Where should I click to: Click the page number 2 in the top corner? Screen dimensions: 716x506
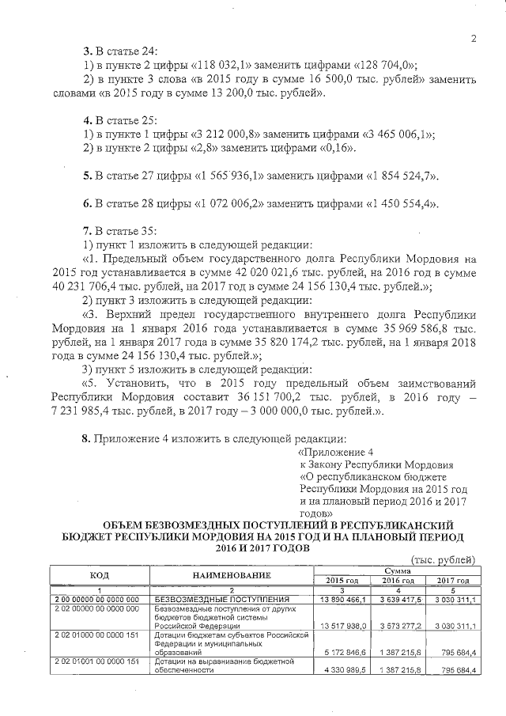click(473, 39)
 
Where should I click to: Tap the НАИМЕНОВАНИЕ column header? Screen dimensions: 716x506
click(232, 574)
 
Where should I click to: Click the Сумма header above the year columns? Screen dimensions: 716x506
click(395, 570)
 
